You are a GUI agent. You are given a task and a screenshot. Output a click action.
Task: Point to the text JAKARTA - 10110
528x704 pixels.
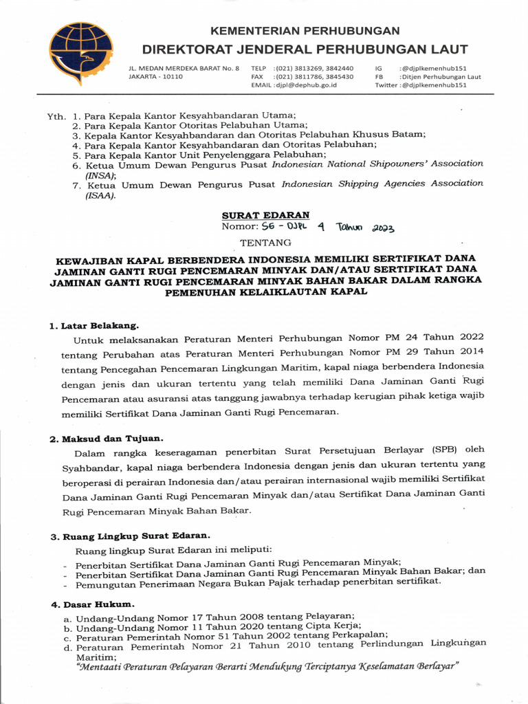[x=156, y=77]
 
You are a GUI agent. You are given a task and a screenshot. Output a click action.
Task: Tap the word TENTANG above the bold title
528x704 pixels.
[x=265, y=243]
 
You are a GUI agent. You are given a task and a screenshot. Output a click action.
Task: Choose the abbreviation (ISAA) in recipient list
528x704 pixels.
[x=100, y=195]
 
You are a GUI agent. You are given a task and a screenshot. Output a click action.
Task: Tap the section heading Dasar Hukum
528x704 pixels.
[x=97, y=604]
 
